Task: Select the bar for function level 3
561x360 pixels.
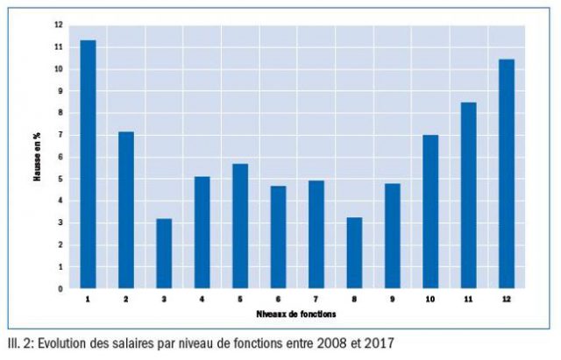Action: (x=164, y=253)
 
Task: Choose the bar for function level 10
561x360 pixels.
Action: (x=430, y=211)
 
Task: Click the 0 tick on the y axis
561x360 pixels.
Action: (x=60, y=288)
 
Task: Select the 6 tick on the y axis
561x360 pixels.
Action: (x=60, y=157)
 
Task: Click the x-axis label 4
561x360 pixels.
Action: (x=202, y=300)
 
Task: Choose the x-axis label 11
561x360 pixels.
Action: (x=469, y=300)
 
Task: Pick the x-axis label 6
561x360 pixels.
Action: (x=279, y=300)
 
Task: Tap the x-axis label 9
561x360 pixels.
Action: (x=393, y=300)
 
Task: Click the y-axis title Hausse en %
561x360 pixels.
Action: (x=38, y=157)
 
